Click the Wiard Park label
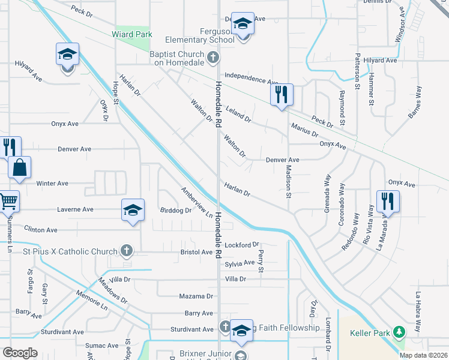tap(130, 34)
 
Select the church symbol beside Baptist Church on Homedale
tap(212, 58)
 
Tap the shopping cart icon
tap(8, 202)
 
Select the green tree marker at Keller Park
tap(398, 332)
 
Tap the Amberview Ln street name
tap(197, 202)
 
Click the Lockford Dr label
tap(241, 245)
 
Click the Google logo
tap(20, 352)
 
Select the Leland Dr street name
tap(238, 113)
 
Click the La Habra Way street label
tap(418, 312)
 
